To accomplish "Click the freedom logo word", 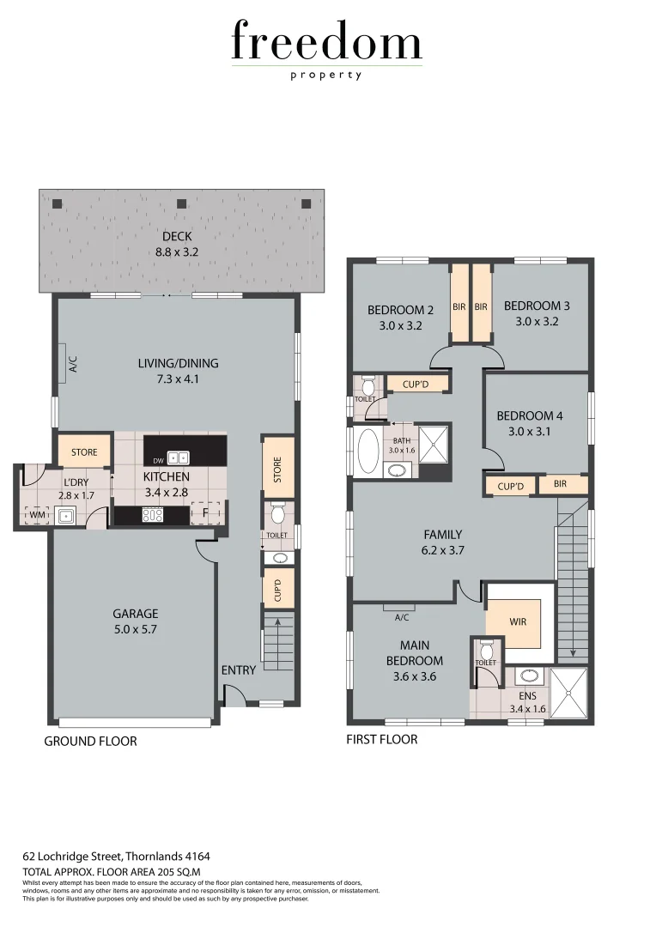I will [x=326, y=42].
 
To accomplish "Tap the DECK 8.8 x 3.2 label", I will [x=177, y=245].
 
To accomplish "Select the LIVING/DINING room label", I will [x=178, y=370].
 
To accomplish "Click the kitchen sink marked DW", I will [x=179, y=457].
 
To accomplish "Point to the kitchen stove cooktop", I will [x=152, y=515].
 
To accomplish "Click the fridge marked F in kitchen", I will [x=206, y=513].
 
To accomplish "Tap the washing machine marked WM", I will [x=36, y=515].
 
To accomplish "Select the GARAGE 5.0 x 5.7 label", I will [x=136, y=621].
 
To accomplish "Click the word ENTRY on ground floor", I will [x=238, y=670].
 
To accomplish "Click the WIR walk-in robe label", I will [x=517, y=621].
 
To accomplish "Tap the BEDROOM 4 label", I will [x=531, y=424].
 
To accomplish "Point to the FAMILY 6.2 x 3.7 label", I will [x=443, y=542].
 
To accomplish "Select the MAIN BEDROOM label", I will [x=414, y=652].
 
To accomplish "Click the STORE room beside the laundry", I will [x=84, y=451].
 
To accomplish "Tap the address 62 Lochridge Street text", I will [x=116, y=856].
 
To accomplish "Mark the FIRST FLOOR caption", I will [x=381, y=739].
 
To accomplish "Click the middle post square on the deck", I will [x=181, y=204].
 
